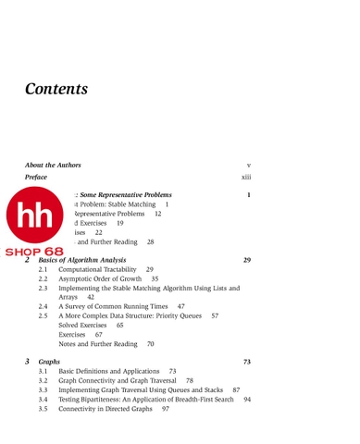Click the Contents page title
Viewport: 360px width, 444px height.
point(56,90)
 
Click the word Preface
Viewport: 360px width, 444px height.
point(36,177)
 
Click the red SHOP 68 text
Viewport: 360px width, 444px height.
point(34,252)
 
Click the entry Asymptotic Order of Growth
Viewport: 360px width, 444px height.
point(100,279)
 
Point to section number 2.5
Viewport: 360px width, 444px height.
point(43,316)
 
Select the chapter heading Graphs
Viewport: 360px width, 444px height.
point(49,362)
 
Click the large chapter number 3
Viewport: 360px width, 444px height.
point(28,361)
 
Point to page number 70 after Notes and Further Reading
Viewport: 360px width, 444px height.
point(151,344)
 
